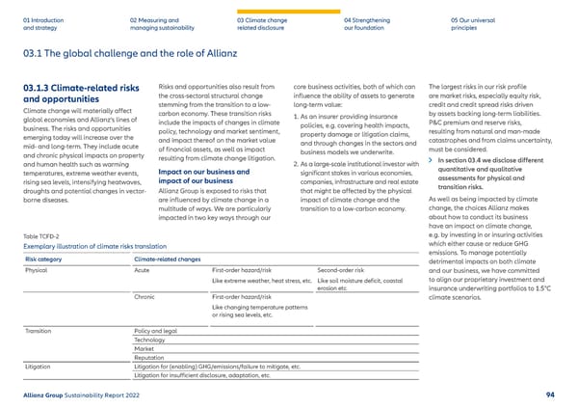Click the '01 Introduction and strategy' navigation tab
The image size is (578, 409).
[45, 23]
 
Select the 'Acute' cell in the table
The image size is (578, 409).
[144, 271]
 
